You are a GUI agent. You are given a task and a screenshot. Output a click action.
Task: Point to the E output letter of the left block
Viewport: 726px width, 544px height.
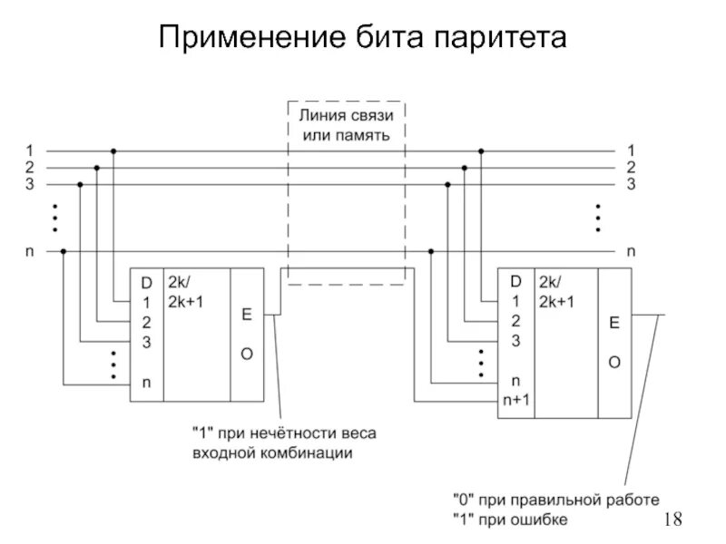[246, 314]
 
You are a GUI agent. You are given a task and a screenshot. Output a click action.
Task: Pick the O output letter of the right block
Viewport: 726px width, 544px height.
[614, 362]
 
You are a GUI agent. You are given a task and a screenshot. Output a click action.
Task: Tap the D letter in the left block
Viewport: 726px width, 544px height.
[146, 283]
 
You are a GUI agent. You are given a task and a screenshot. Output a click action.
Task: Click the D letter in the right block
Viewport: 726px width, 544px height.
[515, 283]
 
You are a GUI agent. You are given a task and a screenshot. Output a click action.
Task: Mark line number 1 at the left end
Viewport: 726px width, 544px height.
[29, 150]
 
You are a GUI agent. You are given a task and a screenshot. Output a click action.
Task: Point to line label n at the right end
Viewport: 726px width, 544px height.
[632, 251]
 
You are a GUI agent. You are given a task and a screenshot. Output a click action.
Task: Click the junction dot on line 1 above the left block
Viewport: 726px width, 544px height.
[113, 151]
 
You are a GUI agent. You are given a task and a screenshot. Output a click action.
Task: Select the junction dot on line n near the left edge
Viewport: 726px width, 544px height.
[63, 251]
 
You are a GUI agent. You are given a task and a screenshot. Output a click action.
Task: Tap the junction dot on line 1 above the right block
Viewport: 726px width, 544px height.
[481, 151]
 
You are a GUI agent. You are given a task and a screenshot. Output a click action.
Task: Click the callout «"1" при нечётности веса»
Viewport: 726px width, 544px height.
[282, 433]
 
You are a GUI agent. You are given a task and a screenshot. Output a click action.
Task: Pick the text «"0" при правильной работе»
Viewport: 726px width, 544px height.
[555, 500]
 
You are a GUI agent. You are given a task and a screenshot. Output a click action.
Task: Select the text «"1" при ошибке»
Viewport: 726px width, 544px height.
[510, 520]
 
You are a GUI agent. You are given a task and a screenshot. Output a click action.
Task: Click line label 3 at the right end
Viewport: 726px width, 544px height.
[632, 183]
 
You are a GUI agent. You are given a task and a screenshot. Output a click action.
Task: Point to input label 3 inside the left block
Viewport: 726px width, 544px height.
[146, 341]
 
